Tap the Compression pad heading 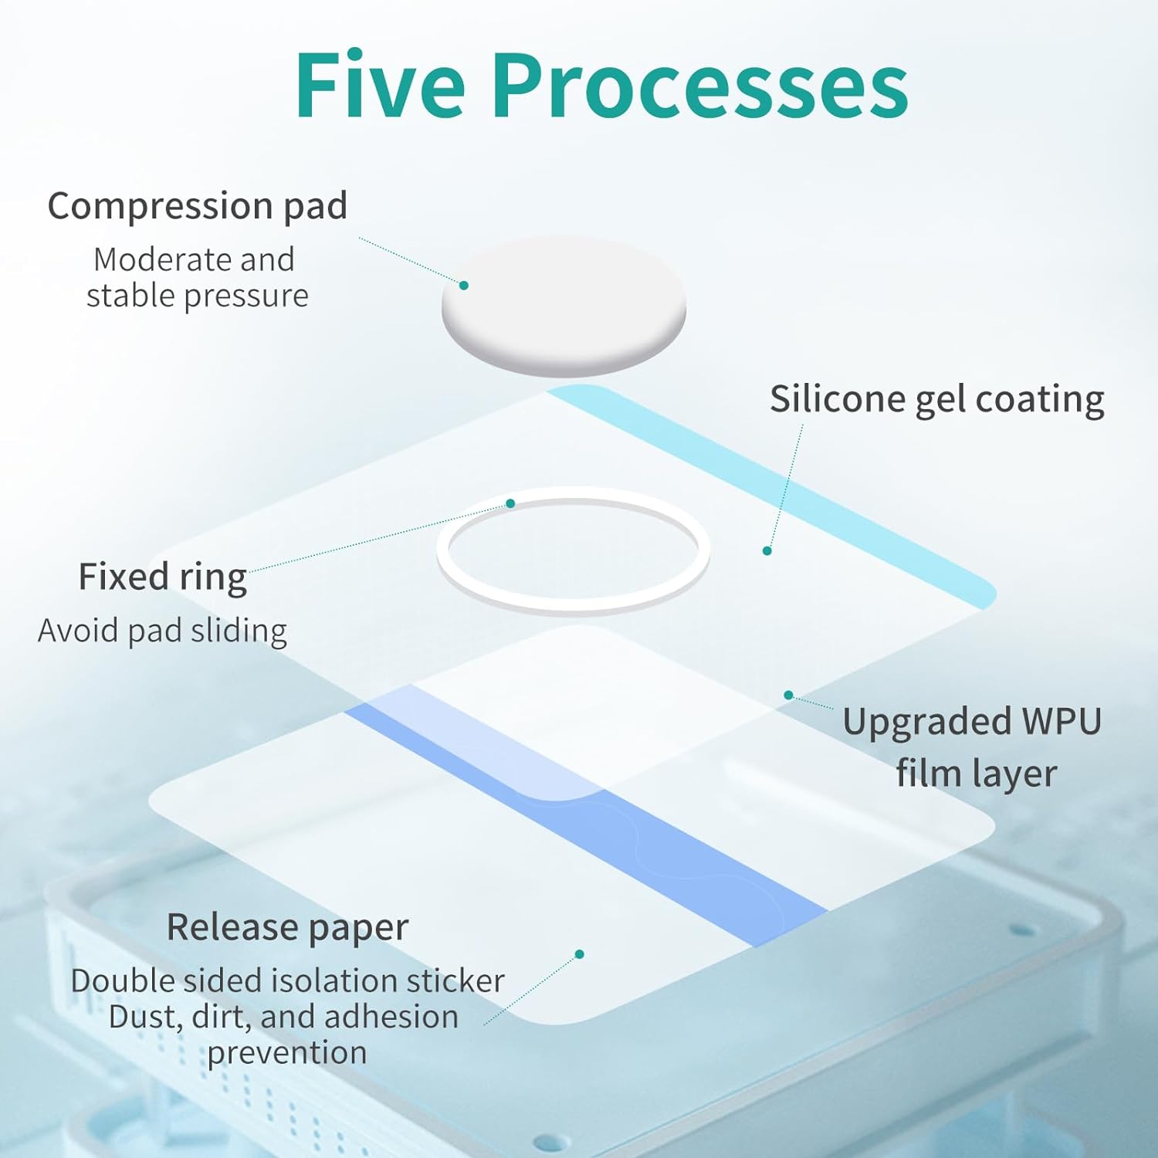[x=197, y=207]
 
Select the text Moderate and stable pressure [x=196, y=277]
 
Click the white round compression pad [x=564, y=309]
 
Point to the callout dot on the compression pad [x=464, y=286]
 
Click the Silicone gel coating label [x=936, y=400]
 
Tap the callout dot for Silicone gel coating [x=767, y=550]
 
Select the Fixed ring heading [x=162, y=577]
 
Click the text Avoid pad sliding [x=162, y=631]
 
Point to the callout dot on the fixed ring [x=510, y=503]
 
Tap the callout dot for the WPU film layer [x=788, y=695]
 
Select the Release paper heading [x=287, y=927]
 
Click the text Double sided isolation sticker [x=287, y=981]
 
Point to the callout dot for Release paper [x=580, y=954]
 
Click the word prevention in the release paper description [x=287, y=1053]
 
